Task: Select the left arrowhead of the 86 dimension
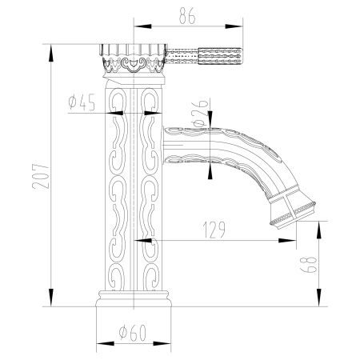pyautogui.click(x=135, y=23)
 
